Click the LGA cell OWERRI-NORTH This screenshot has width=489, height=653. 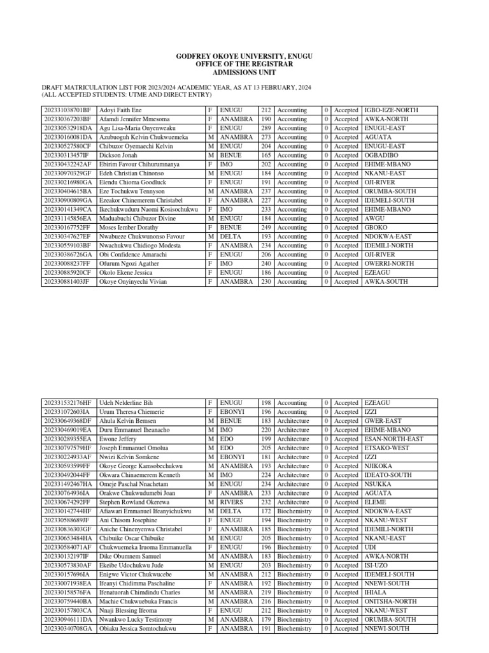tap(388, 263)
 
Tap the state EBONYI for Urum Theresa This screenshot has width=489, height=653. tap(232, 412)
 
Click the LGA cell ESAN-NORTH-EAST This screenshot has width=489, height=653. tap(393, 439)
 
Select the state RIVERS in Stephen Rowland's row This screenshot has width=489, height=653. tap(232, 502)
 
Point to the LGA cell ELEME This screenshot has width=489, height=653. tap(375, 502)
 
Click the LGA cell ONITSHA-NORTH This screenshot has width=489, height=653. tap(390, 601)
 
